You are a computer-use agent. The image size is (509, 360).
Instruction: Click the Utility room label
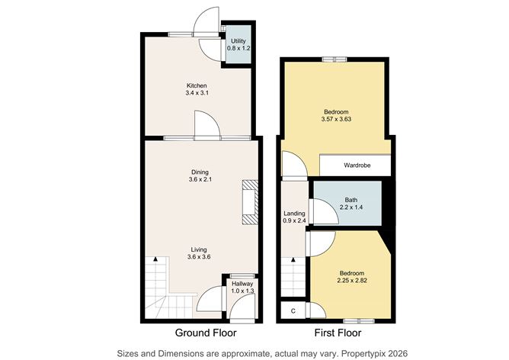pos(238,41)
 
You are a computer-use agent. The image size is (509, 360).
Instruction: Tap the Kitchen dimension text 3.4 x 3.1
pos(197,93)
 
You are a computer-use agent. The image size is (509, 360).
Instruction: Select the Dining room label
pos(200,172)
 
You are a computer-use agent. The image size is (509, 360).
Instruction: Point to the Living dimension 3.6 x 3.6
pos(199,257)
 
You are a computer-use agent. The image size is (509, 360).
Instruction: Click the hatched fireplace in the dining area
pos(250,202)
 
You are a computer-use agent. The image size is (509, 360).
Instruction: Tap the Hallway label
pos(242,284)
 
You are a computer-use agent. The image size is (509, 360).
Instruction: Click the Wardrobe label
pos(357,166)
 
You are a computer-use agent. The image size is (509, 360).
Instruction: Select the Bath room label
pos(351,200)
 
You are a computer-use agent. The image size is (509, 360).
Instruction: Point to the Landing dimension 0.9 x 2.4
pos(294,220)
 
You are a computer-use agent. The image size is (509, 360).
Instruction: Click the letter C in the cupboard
pos(293,311)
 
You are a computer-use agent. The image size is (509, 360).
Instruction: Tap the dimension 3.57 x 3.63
pos(336,119)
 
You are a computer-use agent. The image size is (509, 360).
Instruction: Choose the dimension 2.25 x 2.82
pos(352,281)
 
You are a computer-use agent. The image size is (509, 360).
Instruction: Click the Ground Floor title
pos(206,333)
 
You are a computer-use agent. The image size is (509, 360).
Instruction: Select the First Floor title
pos(338,333)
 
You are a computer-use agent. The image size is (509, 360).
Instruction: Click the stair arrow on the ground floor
pos(155,259)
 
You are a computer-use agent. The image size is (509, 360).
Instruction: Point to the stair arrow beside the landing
pos(293,259)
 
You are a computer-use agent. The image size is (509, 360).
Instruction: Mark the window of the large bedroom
pos(335,59)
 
